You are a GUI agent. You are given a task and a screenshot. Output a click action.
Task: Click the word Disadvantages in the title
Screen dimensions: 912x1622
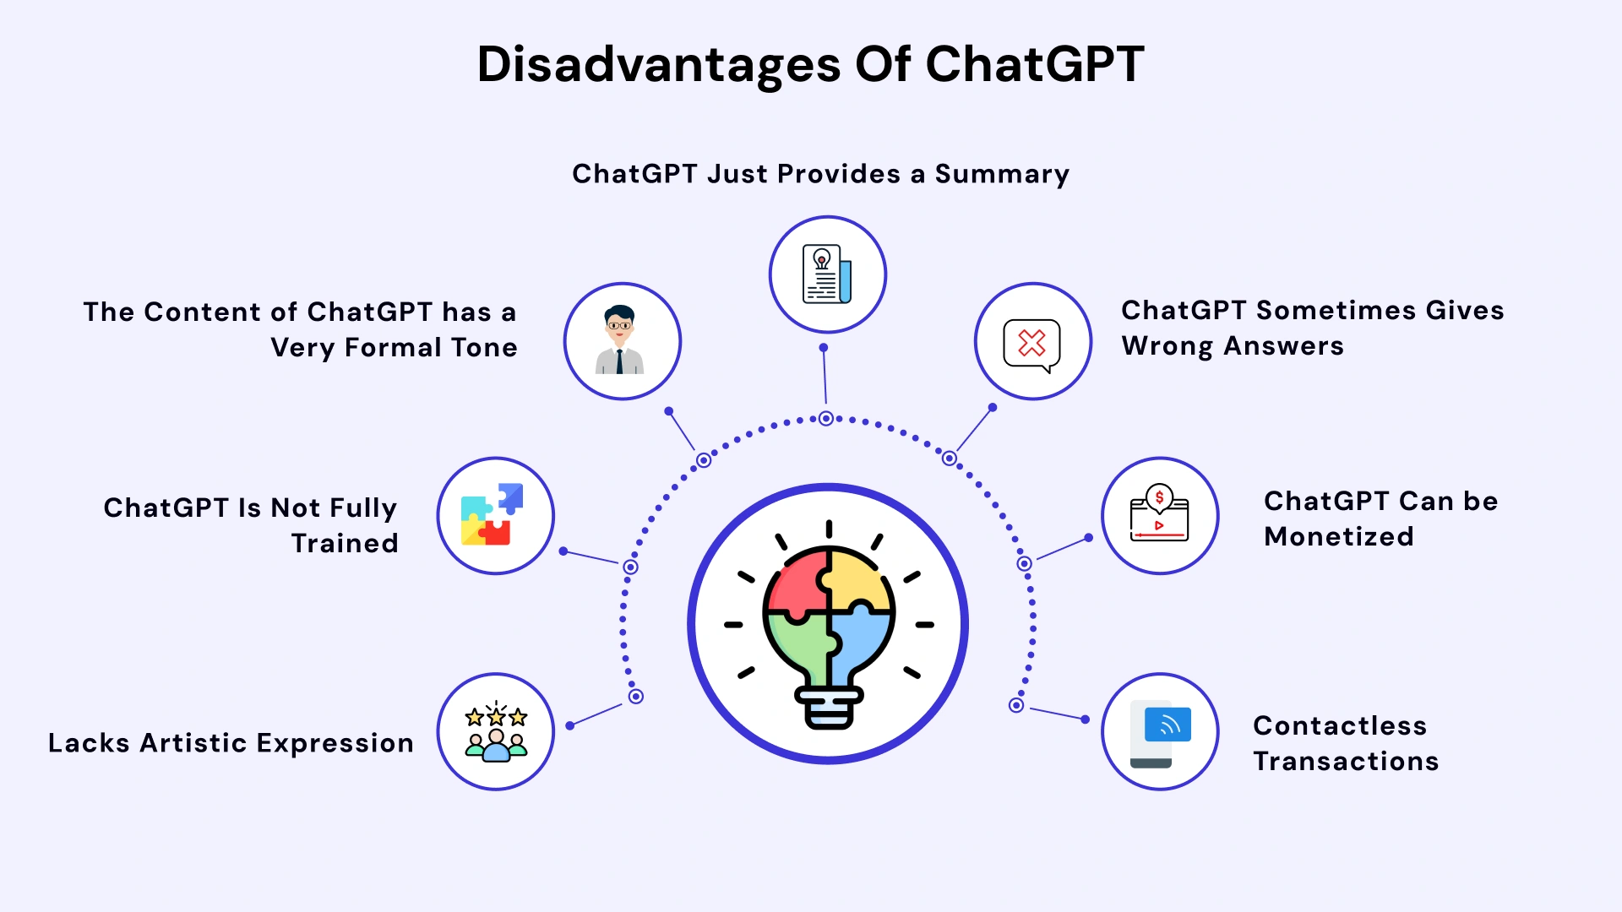point(658,65)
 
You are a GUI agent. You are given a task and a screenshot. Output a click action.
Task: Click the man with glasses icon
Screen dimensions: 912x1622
point(621,340)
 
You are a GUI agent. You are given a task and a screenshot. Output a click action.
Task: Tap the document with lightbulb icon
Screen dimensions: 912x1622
point(826,274)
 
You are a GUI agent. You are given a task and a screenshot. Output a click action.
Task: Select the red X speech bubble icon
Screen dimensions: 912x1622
point(1031,344)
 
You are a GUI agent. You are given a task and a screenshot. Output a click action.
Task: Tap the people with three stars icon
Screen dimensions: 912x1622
point(496,732)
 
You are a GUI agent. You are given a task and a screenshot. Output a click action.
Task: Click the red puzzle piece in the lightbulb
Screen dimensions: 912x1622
point(797,584)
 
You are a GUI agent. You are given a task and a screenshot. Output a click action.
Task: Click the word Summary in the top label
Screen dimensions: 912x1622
point(1002,175)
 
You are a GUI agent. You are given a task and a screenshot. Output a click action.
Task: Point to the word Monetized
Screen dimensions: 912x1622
point(1338,537)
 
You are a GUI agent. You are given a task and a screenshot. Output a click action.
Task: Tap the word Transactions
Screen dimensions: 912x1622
point(1346,762)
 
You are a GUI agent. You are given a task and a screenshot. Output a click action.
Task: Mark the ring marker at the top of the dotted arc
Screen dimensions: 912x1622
point(826,418)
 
